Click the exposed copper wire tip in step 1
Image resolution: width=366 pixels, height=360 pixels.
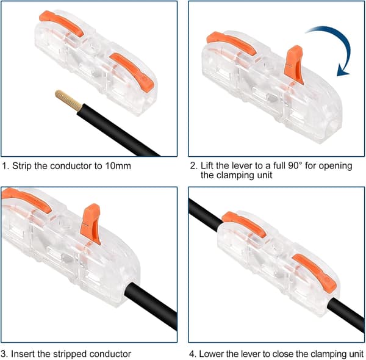click(68, 101)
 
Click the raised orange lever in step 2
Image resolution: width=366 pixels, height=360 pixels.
click(293, 64)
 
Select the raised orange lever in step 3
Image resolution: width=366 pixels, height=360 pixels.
click(90, 223)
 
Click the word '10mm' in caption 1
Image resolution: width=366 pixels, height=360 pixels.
click(118, 166)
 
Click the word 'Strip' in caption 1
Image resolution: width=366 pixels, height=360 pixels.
click(22, 166)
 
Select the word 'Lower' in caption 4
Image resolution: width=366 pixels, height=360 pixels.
click(210, 354)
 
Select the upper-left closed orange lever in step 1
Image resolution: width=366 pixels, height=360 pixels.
click(61, 23)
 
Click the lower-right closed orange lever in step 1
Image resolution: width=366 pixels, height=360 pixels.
click(132, 71)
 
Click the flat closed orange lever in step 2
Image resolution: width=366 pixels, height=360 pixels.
click(231, 43)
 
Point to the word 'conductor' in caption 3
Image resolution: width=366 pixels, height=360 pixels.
click(110, 354)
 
